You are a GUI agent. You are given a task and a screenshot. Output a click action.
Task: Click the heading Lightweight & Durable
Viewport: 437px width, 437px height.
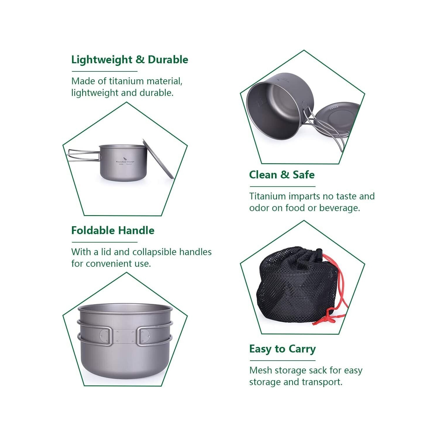[130, 60]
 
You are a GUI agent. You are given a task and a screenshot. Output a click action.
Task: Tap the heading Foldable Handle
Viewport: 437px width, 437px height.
[113, 231]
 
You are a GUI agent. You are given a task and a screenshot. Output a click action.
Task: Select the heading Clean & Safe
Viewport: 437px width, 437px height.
[282, 175]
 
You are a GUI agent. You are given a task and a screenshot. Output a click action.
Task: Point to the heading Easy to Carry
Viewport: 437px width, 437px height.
[282, 349]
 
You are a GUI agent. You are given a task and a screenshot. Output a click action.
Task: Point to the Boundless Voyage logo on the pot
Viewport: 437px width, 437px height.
[125, 161]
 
